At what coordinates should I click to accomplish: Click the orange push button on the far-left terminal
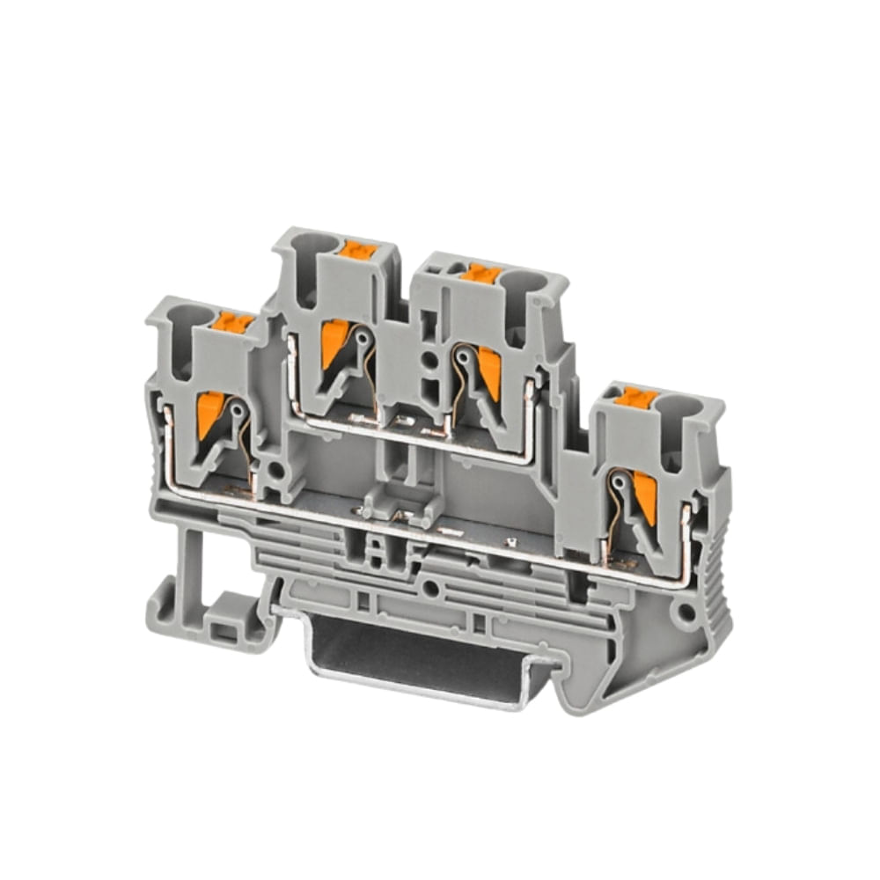pyautogui.click(x=234, y=323)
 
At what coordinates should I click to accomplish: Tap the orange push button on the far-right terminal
pyautogui.click(x=635, y=398)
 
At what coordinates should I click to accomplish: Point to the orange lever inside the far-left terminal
pyautogui.click(x=209, y=414)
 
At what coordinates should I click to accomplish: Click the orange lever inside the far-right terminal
pyautogui.click(x=645, y=495)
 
